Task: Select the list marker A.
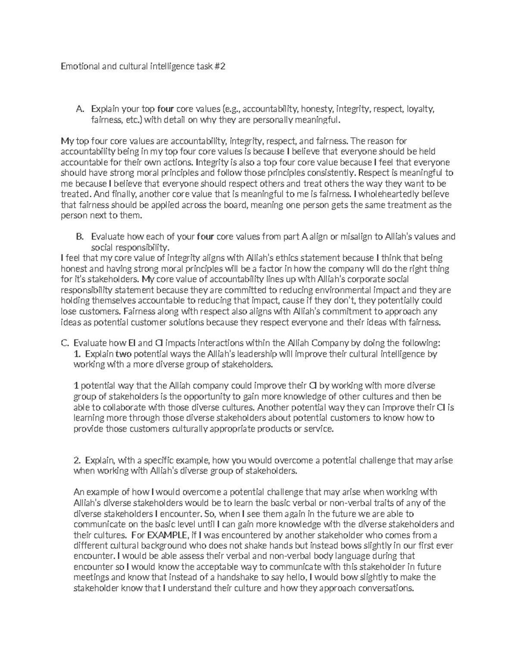click(80, 109)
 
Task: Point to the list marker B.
click(79, 236)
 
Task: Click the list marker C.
click(65, 343)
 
